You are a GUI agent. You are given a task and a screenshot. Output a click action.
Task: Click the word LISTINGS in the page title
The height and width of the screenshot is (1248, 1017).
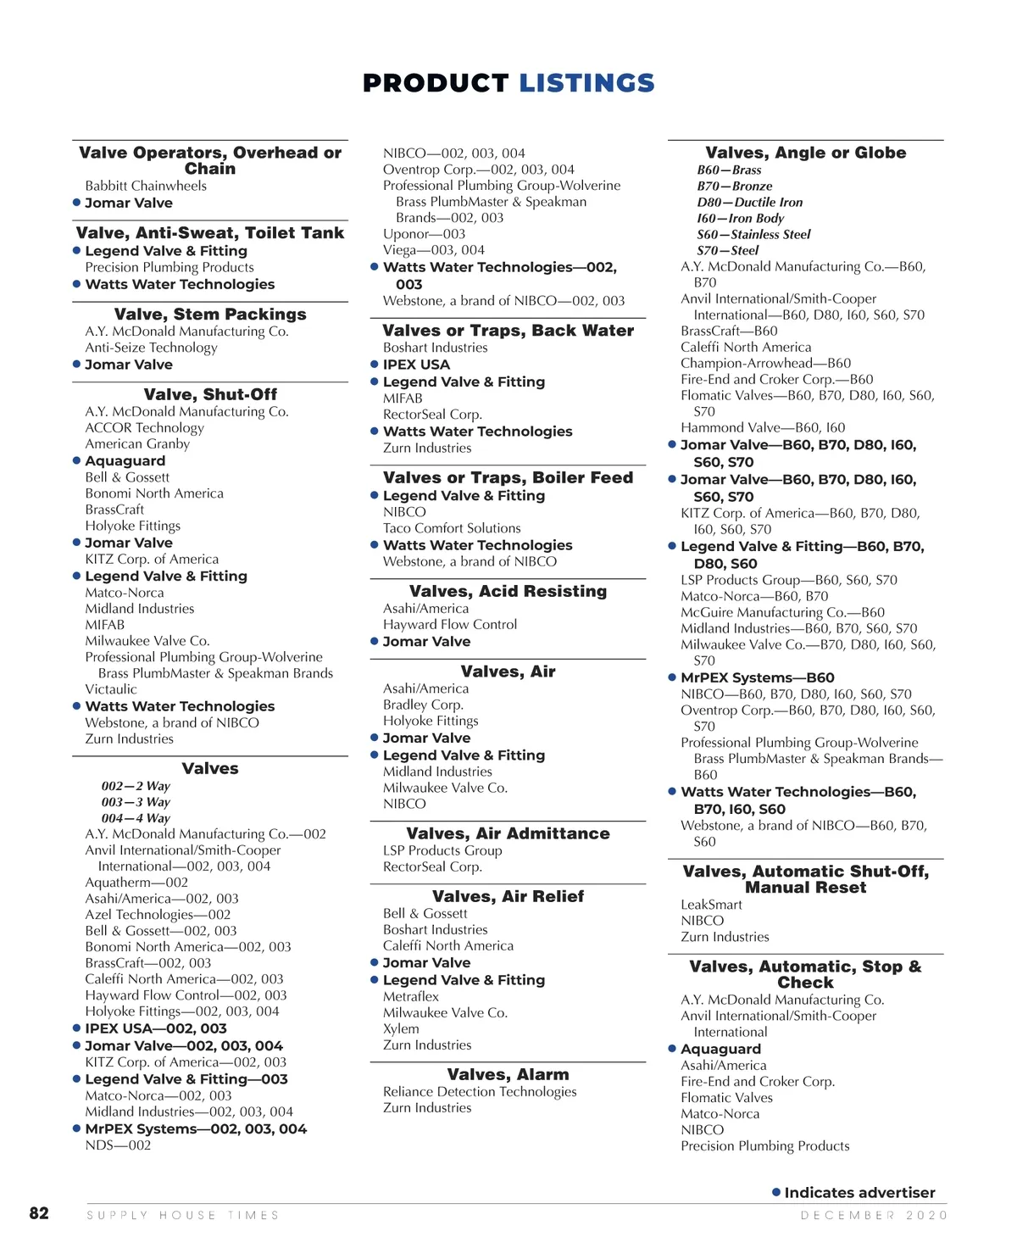pos(586,83)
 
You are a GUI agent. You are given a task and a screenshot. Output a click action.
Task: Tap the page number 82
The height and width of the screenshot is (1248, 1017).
pos(39,1213)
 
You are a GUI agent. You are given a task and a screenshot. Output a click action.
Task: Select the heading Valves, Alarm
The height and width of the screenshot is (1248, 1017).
pos(508,1074)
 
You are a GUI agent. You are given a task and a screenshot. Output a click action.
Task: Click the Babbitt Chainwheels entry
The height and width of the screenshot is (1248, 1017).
pos(145,186)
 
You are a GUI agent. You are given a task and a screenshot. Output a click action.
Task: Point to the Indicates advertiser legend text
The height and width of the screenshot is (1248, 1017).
pos(859,1192)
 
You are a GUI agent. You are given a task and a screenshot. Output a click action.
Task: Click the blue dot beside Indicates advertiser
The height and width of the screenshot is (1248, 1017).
pos(776,1192)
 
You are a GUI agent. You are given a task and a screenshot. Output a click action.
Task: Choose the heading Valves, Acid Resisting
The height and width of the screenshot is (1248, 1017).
pos(508,591)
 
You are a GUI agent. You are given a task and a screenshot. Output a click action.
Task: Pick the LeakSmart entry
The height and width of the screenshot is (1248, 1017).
pos(711,905)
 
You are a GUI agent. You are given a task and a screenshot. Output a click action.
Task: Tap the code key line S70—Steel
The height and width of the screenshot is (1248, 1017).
pos(727,250)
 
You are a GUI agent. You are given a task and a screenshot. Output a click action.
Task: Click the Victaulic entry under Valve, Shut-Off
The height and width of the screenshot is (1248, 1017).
pos(110,689)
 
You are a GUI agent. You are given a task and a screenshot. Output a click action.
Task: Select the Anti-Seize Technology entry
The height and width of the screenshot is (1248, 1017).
pos(151,348)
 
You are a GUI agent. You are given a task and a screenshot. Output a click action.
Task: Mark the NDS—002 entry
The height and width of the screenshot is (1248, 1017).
pos(118,1145)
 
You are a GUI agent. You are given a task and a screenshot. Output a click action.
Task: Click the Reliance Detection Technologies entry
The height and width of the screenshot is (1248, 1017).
pos(479,1092)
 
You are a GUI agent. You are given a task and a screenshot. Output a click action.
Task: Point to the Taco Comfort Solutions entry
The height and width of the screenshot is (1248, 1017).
pos(452,528)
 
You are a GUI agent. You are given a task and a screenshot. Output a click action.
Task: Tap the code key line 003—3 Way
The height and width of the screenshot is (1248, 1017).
pos(136,802)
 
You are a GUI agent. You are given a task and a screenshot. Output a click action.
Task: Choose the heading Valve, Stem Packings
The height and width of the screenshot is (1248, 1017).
pos(210,314)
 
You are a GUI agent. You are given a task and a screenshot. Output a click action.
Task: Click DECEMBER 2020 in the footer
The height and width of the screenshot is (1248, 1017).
pos(874,1215)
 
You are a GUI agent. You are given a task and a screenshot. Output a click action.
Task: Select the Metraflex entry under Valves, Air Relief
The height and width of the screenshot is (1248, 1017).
pos(411,997)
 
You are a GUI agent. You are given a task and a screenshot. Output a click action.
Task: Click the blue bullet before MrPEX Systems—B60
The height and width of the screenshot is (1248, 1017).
pos(672,677)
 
